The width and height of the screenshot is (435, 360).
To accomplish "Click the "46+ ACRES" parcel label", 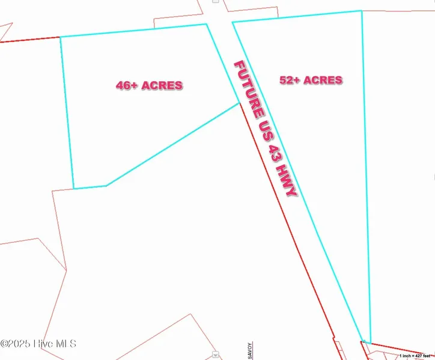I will [149, 85].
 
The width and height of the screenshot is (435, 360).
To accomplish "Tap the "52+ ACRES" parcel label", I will [311, 80].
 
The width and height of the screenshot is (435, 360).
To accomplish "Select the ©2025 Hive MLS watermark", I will [38, 344].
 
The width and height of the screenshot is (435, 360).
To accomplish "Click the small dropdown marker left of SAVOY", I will [216, 355].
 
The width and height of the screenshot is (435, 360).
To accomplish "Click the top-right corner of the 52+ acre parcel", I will [361, 11].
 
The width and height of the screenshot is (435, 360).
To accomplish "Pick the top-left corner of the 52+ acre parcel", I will [233, 22].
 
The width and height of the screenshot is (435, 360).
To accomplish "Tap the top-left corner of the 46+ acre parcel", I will [60, 37].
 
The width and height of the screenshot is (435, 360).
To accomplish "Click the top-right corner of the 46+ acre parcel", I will [207, 24].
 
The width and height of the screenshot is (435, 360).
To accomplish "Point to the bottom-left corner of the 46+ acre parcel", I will [74, 189].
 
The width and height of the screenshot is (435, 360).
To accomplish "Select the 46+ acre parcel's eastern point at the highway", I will [239, 103].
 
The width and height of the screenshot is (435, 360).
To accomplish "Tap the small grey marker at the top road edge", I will [214, 2].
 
